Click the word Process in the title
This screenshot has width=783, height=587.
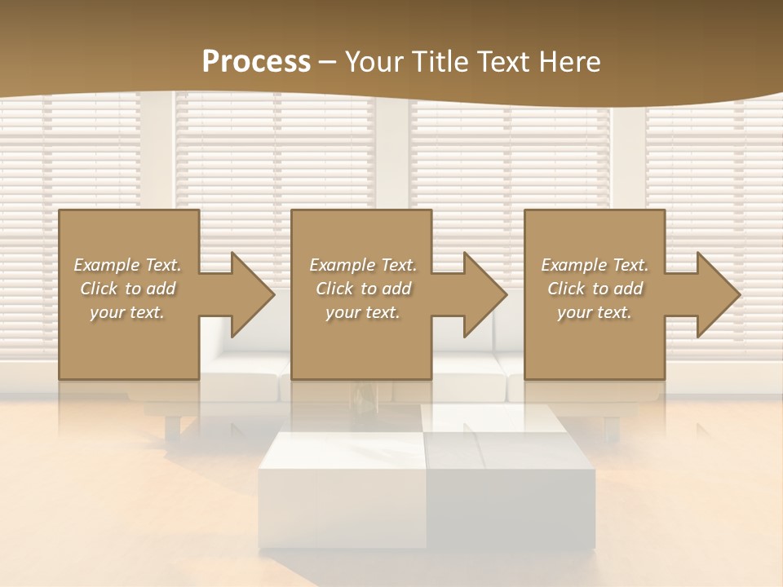(x=256, y=61)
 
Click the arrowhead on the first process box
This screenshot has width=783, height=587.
(x=250, y=294)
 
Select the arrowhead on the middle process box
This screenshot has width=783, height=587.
(x=482, y=294)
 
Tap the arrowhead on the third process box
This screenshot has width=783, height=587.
(x=715, y=294)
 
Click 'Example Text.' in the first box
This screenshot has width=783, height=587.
(x=127, y=265)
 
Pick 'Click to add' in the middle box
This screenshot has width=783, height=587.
(x=363, y=289)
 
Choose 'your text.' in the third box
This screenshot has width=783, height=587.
(x=594, y=312)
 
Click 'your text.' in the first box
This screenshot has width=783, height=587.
(x=127, y=312)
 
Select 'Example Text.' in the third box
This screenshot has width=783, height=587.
(x=594, y=265)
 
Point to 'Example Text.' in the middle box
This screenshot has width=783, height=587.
(x=363, y=265)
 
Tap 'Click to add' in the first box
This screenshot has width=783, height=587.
(x=127, y=289)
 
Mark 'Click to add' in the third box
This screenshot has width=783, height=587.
(x=594, y=289)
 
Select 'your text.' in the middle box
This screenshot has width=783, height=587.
(x=363, y=312)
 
